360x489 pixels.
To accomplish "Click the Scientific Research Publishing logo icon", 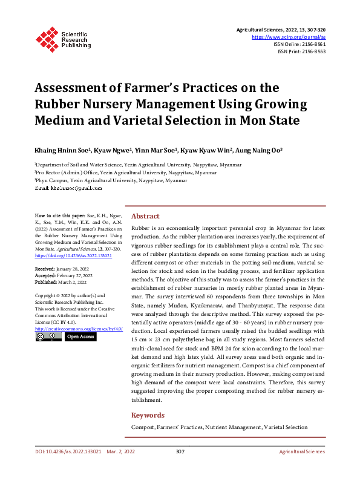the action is [x=47, y=38].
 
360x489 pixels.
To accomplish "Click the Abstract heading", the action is [x=145, y=216].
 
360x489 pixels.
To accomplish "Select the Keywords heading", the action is [x=148, y=415].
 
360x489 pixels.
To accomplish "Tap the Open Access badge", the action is [x=80, y=336].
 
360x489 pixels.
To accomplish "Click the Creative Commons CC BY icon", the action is [x=48, y=336].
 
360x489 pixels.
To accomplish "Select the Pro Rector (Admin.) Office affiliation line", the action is [x=126, y=172].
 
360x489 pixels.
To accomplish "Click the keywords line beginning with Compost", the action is [x=219, y=427].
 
